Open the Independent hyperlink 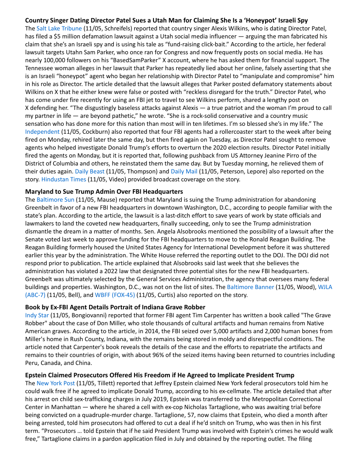42,132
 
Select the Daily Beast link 90,171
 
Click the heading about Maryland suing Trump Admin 104,192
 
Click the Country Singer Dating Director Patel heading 166,20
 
